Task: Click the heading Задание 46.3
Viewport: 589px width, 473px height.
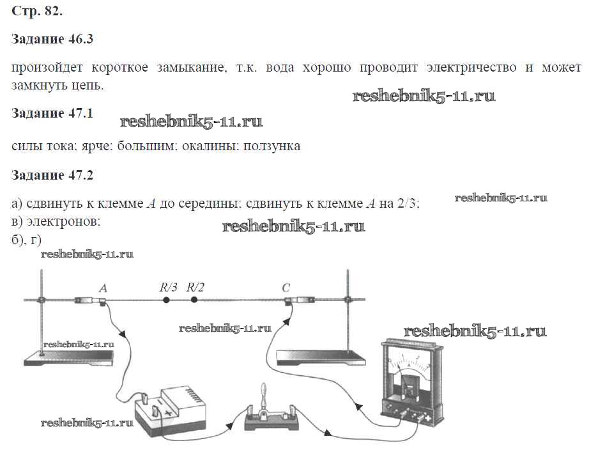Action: pyautogui.click(x=53, y=39)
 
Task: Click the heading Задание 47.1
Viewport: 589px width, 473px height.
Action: pyautogui.click(x=53, y=113)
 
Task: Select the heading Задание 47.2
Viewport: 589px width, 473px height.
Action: pyautogui.click(x=53, y=174)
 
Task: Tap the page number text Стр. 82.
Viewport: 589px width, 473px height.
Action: pyautogui.click(x=38, y=12)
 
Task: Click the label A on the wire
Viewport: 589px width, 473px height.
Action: pyautogui.click(x=103, y=287)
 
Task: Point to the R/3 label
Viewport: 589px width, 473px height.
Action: pyautogui.click(x=168, y=287)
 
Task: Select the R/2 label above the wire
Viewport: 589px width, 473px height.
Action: pyautogui.click(x=195, y=287)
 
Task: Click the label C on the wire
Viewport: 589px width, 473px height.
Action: pyautogui.click(x=286, y=287)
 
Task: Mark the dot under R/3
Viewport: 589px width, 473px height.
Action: pyautogui.click(x=167, y=299)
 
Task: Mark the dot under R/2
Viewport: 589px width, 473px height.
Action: pyautogui.click(x=194, y=299)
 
